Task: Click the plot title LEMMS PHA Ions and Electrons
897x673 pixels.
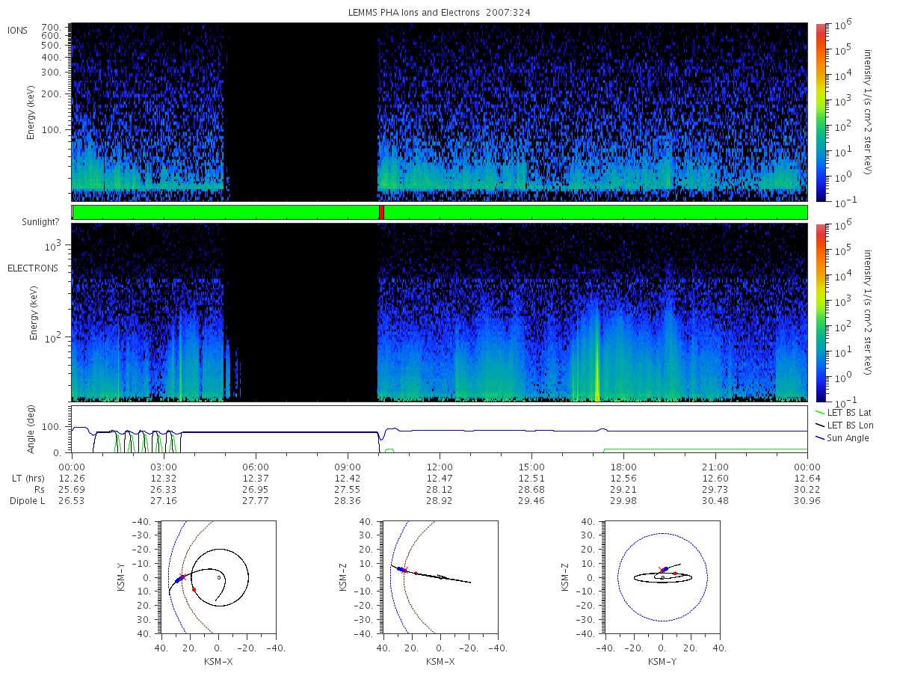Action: click(x=413, y=13)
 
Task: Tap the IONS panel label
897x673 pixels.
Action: click(x=17, y=31)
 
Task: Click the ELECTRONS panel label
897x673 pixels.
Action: click(x=33, y=268)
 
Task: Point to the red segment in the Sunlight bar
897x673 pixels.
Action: click(x=381, y=212)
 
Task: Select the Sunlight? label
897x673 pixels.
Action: click(x=40, y=222)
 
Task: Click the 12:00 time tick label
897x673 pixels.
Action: click(x=440, y=467)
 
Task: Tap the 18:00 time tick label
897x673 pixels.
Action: click(x=623, y=467)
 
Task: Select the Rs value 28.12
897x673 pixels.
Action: click(x=440, y=490)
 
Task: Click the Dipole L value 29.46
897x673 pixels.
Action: click(x=531, y=500)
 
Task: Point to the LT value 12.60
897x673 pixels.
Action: click(x=715, y=478)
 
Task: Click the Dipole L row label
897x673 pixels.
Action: click(x=28, y=500)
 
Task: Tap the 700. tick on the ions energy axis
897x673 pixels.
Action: click(x=51, y=28)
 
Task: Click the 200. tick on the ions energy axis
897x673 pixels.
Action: click(x=51, y=94)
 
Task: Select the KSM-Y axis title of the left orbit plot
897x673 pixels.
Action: click(x=121, y=577)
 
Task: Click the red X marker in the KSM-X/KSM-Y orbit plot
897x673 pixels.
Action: click(x=182, y=577)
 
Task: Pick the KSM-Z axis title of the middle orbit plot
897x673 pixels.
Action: click(x=343, y=577)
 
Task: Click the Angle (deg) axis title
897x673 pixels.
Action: click(x=31, y=429)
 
